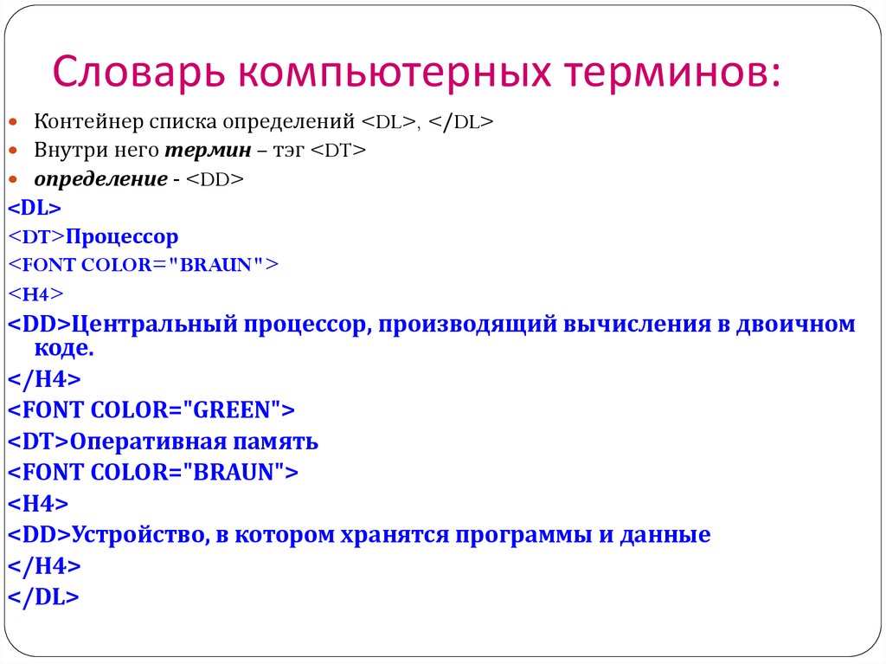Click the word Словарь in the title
(138, 73)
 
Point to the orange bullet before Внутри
(13, 151)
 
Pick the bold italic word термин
(208, 150)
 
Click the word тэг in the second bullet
(289, 151)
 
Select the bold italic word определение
(100, 178)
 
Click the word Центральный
(155, 324)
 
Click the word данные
(665, 535)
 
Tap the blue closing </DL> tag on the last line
(43, 597)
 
